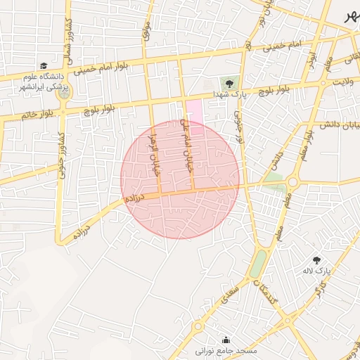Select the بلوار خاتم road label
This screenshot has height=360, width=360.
(x=37, y=114)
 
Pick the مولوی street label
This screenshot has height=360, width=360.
(x=146, y=29)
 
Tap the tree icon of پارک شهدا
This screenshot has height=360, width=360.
(x=227, y=82)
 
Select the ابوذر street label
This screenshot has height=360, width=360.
(x=310, y=58)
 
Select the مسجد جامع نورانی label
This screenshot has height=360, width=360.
(x=226, y=349)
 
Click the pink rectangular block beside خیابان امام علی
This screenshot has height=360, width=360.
(x=195, y=115)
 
